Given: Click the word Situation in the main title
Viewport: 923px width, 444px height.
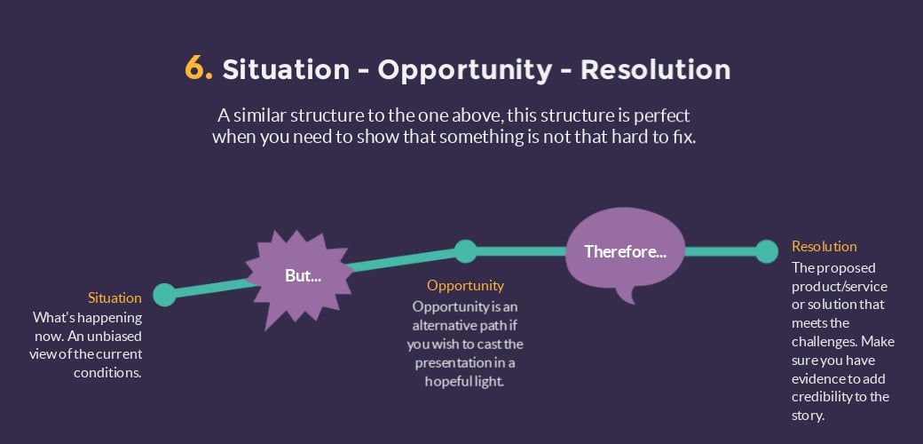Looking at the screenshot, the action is pos(286,69).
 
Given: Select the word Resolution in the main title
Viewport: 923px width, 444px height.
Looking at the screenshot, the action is pos(655,69).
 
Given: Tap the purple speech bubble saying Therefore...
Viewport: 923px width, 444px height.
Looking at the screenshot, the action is pos(625,251).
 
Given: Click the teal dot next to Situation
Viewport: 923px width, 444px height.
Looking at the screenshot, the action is pos(164,295).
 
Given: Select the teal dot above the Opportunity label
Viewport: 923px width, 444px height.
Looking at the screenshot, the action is pos(466,251).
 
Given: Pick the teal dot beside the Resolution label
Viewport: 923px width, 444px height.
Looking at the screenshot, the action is pos(767,251).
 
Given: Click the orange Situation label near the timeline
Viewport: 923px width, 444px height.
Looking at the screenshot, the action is pos(114,298).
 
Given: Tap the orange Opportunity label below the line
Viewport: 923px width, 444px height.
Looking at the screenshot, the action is pos(466,286).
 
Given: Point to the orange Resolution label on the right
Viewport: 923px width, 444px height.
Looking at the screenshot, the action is pos(824,246).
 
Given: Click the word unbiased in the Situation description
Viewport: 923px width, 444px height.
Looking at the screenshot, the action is pos(116,337).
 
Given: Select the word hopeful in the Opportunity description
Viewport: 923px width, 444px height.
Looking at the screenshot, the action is pos(446,382).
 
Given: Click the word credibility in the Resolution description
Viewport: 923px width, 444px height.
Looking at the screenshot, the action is pos(822,396).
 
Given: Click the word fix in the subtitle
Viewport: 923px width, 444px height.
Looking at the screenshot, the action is pos(685,138).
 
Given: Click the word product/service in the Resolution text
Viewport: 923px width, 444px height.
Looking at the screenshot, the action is pos(840,287).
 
